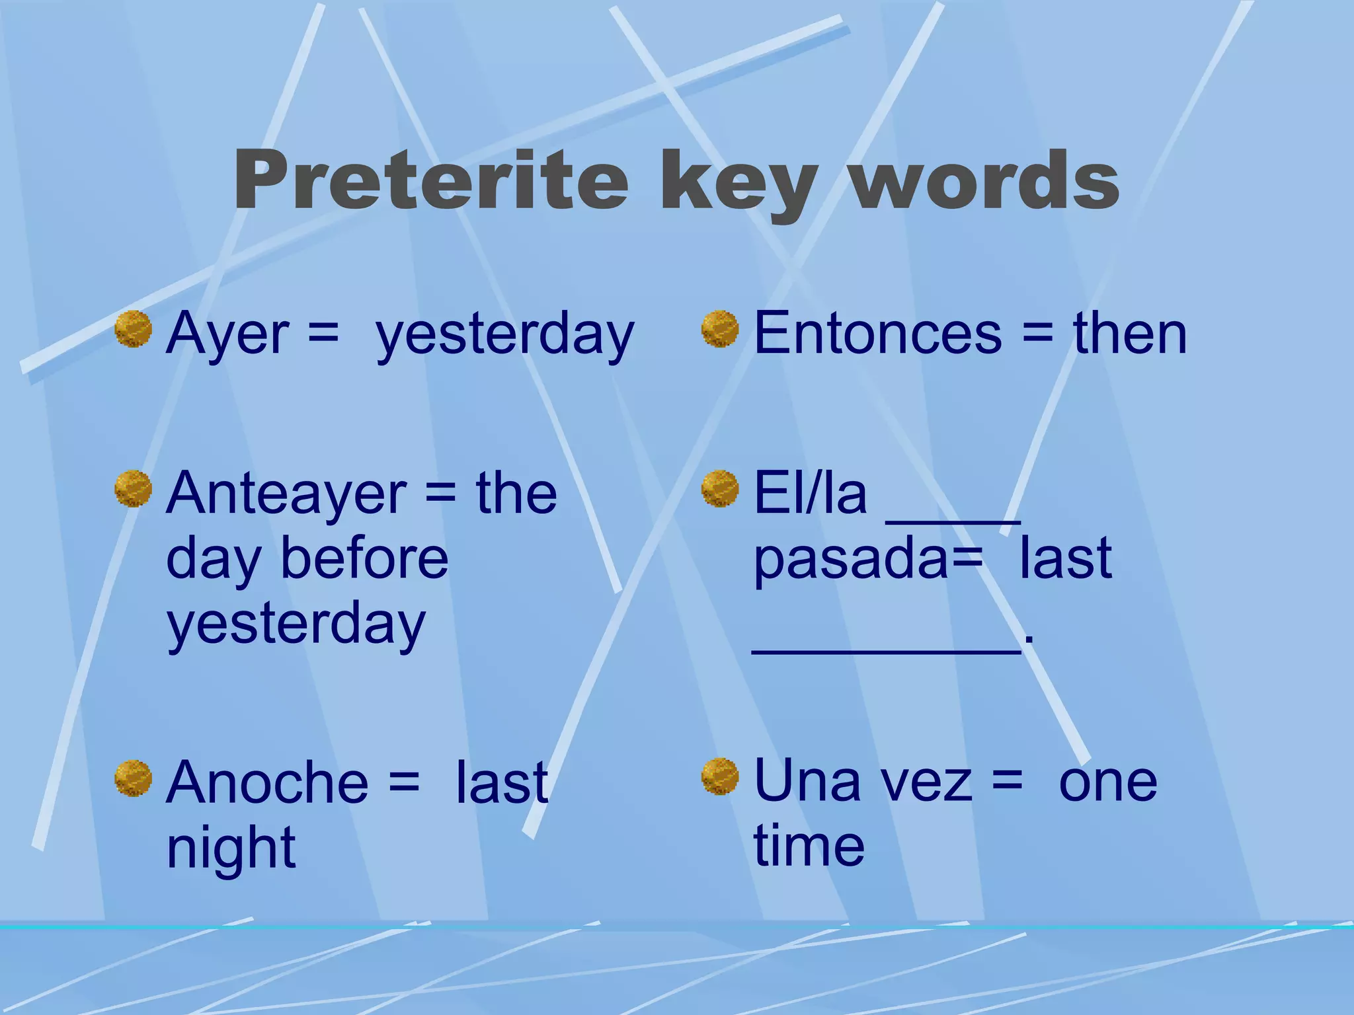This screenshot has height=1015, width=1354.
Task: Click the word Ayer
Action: (x=227, y=334)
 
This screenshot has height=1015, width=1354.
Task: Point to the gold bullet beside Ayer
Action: (x=133, y=329)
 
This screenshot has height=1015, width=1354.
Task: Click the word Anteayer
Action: (x=286, y=494)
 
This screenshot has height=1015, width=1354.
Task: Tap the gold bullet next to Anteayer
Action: (x=133, y=489)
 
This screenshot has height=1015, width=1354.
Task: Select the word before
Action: (x=364, y=558)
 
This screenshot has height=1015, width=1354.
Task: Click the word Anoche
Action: (x=267, y=783)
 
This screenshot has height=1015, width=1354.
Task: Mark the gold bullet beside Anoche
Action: (x=133, y=778)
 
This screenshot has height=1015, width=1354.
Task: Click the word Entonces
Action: (x=877, y=334)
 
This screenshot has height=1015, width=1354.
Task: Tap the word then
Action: (x=1130, y=334)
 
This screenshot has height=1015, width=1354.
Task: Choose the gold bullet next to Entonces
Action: (x=719, y=329)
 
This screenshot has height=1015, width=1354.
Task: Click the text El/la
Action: (x=810, y=494)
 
